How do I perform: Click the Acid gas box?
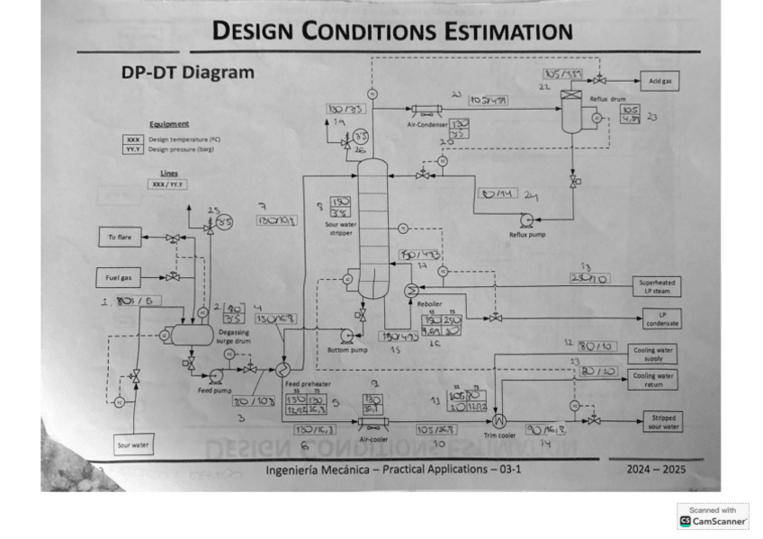[x=664, y=81]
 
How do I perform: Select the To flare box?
[x=120, y=238]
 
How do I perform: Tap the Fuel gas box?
[x=120, y=276]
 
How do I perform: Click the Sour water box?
[x=133, y=445]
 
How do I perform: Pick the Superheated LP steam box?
[x=655, y=286]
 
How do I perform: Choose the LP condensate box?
[x=662, y=319]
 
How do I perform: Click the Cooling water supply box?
[x=654, y=354]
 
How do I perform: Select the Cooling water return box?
[x=654, y=379]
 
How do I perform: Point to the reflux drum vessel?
[x=570, y=112]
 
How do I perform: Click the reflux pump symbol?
[x=527, y=219]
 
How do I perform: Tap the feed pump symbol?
[x=216, y=376]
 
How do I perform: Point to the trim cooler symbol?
[x=500, y=419]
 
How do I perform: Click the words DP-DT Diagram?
[x=187, y=73]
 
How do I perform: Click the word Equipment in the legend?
[x=169, y=124]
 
